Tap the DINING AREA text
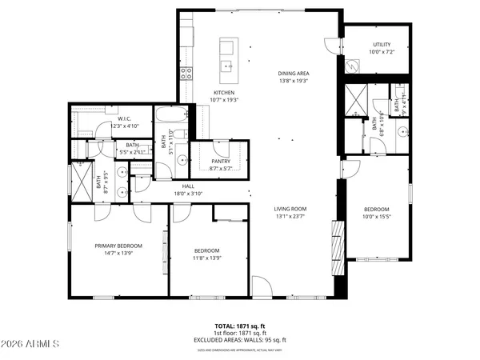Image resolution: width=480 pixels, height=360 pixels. tap(293, 73)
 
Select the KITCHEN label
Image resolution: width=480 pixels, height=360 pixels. tap(201, 92)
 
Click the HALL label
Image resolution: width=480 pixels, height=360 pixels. tap(188, 186)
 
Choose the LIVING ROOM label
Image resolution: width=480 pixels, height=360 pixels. tap(291, 209)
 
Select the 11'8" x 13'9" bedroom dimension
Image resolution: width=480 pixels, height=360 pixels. tap(206, 258)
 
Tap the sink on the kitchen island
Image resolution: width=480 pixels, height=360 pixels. tap(228, 66)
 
